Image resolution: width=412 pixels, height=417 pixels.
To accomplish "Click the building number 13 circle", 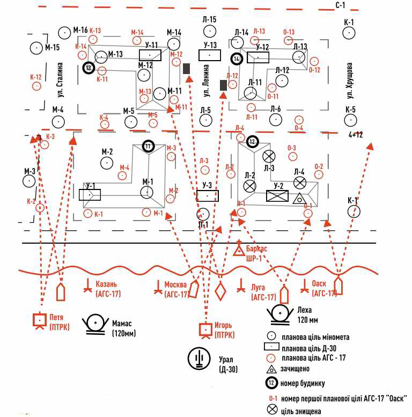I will tap(89, 68).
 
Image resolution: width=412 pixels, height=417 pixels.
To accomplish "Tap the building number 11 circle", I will tap(149, 145).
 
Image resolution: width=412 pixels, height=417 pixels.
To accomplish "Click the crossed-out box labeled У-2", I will tap(277, 196).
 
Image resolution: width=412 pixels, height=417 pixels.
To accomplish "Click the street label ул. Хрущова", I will tap(350, 81).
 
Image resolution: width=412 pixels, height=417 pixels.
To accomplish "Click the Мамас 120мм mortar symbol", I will tap(95, 324).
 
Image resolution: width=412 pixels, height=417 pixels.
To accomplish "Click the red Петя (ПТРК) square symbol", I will tap(39, 320).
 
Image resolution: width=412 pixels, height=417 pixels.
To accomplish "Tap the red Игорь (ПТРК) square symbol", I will tap(204, 328).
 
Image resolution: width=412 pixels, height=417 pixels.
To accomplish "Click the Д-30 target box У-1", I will tap(90, 194).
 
